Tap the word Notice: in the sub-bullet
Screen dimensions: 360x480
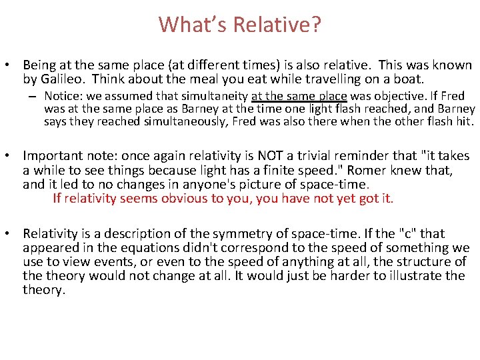pyautogui.click(x=63, y=96)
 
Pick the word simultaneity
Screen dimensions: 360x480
pyautogui.click(x=215, y=96)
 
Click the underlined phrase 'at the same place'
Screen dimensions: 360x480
pyautogui.click(x=299, y=96)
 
